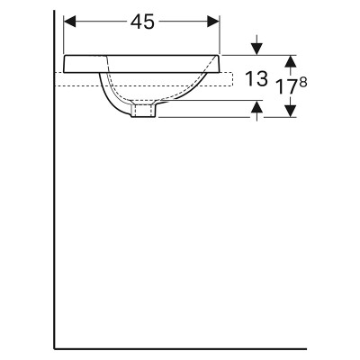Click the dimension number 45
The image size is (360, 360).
tap(142, 22)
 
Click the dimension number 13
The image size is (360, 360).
tap(256, 79)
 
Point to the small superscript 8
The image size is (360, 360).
tap(303, 83)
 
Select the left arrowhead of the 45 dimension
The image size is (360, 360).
tap(69, 22)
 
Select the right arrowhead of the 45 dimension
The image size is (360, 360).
tap(214, 22)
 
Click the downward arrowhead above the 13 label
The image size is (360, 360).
tap(256, 49)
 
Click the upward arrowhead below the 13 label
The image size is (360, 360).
tap(256, 107)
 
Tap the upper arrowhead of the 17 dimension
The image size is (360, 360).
tap(290, 61)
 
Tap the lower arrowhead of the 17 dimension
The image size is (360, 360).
tap(290, 111)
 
